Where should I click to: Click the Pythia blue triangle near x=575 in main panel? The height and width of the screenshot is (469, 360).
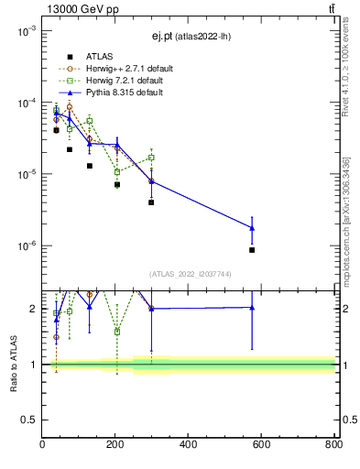point(252,228)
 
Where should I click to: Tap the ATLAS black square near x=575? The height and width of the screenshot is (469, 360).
point(252,250)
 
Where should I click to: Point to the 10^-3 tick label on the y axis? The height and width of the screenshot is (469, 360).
point(25,31)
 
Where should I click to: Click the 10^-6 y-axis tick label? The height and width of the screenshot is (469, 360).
point(25,245)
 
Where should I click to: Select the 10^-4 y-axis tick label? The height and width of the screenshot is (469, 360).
point(25,103)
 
